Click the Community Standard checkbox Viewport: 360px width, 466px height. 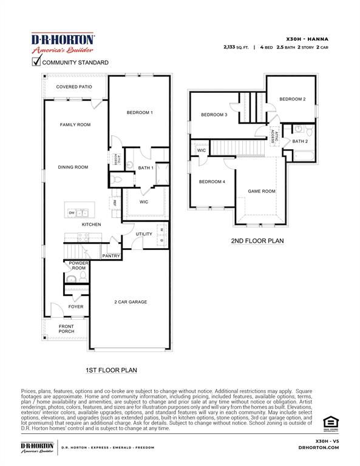pyautogui.click(x=36, y=61)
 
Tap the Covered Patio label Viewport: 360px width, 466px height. pyautogui.click(x=74, y=87)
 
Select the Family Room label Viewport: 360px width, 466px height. pyautogui.click(x=75, y=124)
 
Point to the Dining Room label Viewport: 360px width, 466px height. pyautogui.click(x=73, y=167)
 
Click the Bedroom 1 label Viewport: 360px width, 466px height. pyautogui.click(x=139, y=113)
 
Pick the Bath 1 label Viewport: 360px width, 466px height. pyautogui.click(x=145, y=167)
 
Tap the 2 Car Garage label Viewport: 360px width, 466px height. pyautogui.click(x=131, y=302)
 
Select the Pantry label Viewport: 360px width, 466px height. pyautogui.click(x=111, y=256)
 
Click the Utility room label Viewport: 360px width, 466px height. pyautogui.click(x=144, y=234)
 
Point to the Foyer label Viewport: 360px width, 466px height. pyautogui.click(x=76, y=306)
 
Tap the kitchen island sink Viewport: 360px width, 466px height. pyautogui.click(x=83, y=213)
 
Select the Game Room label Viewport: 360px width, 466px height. pyautogui.click(x=261, y=191)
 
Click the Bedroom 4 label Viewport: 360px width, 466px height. pyautogui.click(x=212, y=181)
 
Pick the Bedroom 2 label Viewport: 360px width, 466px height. pyautogui.click(x=292, y=99)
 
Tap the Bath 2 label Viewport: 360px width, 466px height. pyautogui.click(x=300, y=141)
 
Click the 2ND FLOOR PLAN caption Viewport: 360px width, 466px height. pyautogui.click(x=257, y=241)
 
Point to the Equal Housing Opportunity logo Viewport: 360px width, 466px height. pyautogui.click(x=328, y=422)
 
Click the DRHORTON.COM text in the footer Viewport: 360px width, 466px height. pyautogui.click(x=319, y=448)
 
